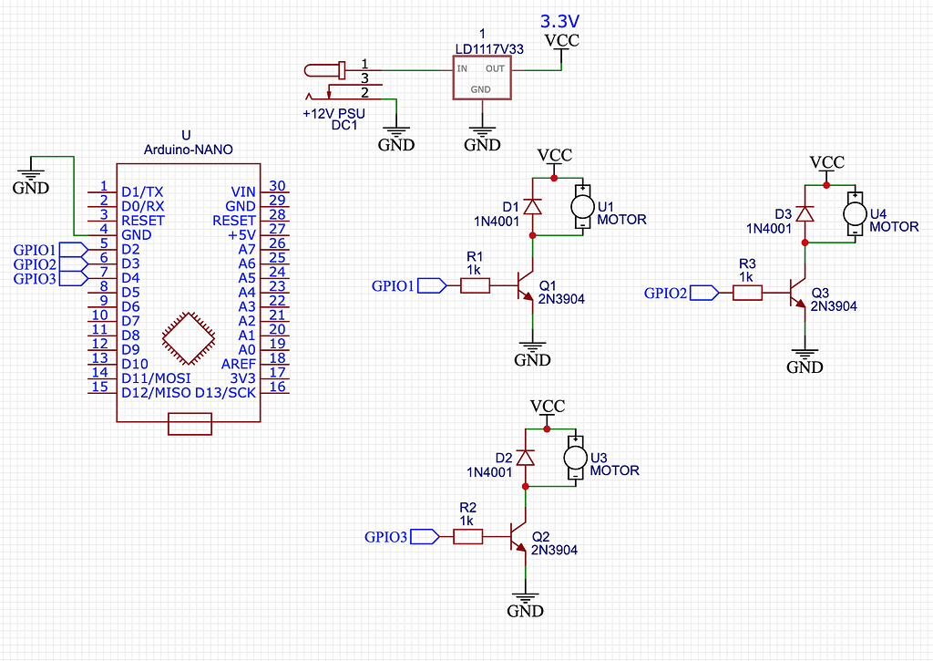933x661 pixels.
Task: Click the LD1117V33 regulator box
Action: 482,77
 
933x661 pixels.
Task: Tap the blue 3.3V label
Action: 559,21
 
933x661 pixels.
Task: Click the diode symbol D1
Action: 533,207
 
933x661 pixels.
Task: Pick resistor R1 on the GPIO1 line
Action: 475,286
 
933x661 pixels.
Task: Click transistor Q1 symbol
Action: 525,286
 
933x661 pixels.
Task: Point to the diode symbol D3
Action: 805,213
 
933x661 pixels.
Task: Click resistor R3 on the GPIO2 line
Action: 747,293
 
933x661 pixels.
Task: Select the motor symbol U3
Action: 575,458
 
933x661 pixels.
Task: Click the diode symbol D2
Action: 526,458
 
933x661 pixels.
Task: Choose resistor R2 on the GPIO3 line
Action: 467,537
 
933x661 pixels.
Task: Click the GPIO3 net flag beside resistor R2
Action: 425,537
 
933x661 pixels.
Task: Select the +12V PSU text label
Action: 333,114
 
